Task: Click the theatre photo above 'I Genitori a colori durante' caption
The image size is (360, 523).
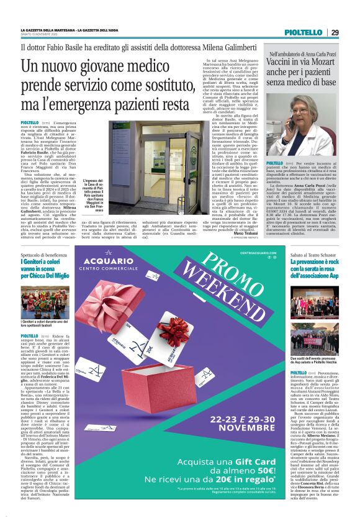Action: (43, 302)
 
